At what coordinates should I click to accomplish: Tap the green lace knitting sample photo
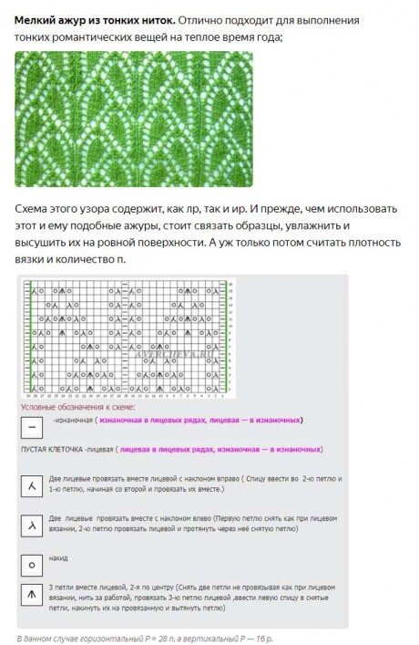pyautogui.click(x=133, y=119)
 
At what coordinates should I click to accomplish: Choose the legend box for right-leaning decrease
pyautogui.click(x=32, y=486)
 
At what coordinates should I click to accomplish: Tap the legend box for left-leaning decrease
pyautogui.click(x=32, y=525)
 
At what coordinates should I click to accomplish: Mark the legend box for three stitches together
pyautogui.click(x=32, y=598)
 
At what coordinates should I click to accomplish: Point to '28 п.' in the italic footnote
pyautogui.click(x=147, y=637)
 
